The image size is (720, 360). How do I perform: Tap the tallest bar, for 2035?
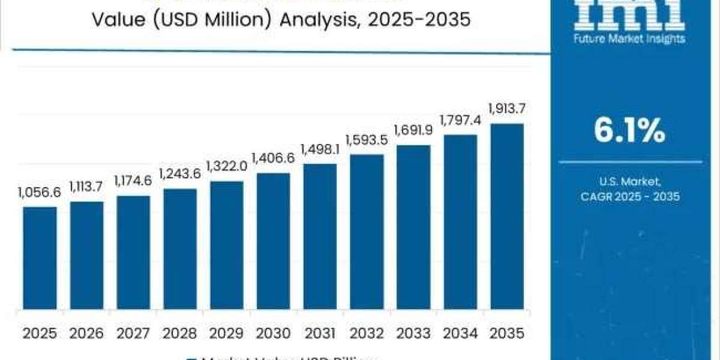point(507,220)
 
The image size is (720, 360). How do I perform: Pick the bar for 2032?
point(367,235)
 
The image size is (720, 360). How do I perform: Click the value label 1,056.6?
point(39,193)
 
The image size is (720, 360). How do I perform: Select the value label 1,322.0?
point(227,166)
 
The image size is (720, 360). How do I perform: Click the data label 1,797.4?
point(460,120)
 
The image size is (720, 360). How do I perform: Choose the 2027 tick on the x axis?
point(133,332)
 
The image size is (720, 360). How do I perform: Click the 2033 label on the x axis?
point(413,332)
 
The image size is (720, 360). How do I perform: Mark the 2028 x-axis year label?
point(180,332)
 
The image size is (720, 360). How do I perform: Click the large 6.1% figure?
point(629,131)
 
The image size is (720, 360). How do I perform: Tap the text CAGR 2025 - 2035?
point(629,196)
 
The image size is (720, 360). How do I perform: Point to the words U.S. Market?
point(629,181)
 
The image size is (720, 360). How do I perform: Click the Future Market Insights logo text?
point(629,39)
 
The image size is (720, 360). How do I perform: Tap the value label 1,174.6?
point(133,181)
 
